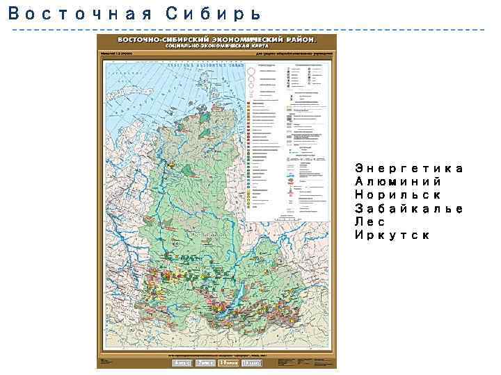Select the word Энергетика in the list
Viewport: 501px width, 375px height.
point(409,169)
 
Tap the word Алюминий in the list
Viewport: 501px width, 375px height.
point(398,182)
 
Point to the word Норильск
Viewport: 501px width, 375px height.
point(398,195)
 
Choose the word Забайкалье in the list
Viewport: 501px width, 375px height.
point(409,209)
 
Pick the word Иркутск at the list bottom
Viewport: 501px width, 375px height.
point(392,235)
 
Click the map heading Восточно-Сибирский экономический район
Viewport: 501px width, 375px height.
point(216,40)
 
